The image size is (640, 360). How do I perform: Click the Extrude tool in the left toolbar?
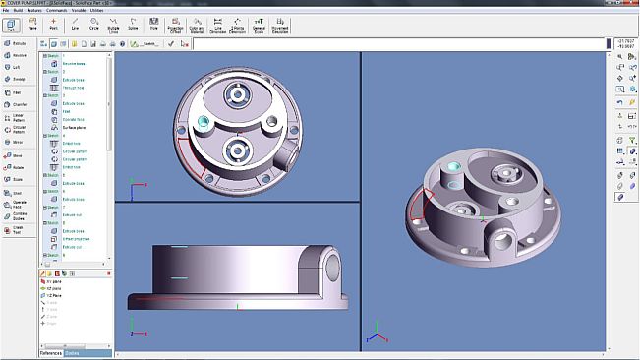click(x=18, y=44)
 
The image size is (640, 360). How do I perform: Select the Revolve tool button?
click(x=18, y=56)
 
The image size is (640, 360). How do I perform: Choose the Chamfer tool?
click(x=18, y=104)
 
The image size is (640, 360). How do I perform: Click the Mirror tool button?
click(x=18, y=142)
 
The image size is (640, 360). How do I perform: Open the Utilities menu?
click(x=122, y=10)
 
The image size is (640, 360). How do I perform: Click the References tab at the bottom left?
click(x=51, y=353)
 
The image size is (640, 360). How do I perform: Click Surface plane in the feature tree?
click(x=77, y=128)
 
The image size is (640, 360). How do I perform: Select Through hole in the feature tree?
click(x=77, y=88)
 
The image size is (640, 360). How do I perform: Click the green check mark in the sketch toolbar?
click(x=171, y=44)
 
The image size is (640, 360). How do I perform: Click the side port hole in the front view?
click(x=329, y=264)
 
